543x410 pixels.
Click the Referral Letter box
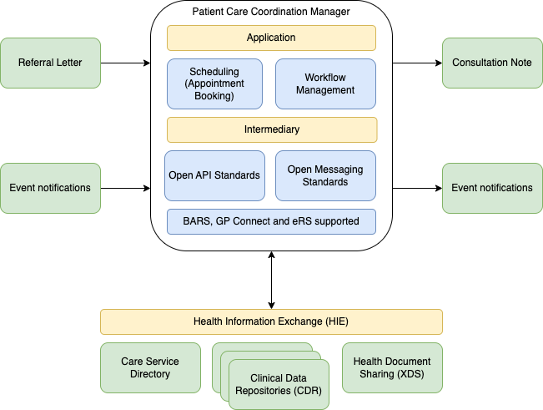pos(50,63)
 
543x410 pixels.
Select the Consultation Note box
pos(492,63)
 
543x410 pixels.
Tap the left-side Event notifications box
pos(50,188)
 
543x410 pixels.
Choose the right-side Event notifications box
pos(492,188)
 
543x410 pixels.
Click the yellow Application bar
pos(271,38)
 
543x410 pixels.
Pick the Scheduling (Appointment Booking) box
pos(214,84)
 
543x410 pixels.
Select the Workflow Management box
pos(325,84)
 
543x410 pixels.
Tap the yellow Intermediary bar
pos(271,129)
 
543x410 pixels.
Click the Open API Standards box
pos(214,175)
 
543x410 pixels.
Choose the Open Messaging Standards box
pos(325,175)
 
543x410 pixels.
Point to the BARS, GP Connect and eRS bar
pos(271,221)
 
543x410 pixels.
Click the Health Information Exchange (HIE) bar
pos(271,321)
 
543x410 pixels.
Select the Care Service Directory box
pos(150,367)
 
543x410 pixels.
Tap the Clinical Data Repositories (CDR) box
pos(278,384)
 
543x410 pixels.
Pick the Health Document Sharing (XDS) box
pos(392,367)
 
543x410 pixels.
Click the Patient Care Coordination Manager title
pos(271,12)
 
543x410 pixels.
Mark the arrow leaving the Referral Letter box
pos(125,63)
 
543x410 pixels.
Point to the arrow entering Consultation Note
pos(417,63)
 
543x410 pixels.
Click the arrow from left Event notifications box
pos(125,188)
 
